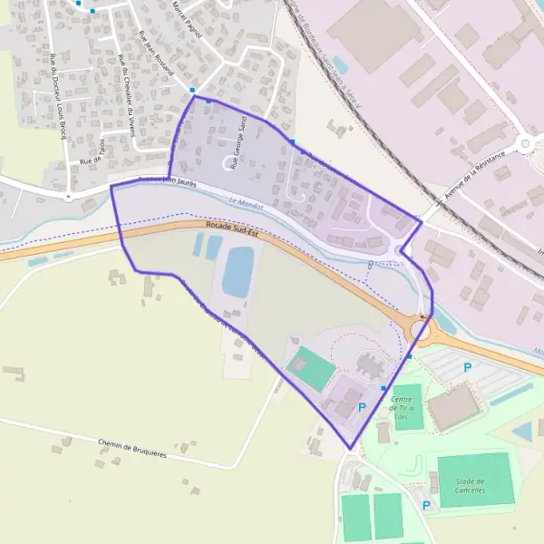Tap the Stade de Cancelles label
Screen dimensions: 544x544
click(470, 485)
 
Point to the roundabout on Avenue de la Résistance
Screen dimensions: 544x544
click(525, 143)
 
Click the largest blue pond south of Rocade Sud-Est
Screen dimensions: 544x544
click(239, 271)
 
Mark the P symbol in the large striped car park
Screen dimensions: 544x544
click(468, 367)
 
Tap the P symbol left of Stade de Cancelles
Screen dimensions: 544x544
click(426, 504)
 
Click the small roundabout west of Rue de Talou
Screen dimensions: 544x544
click(67, 195)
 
